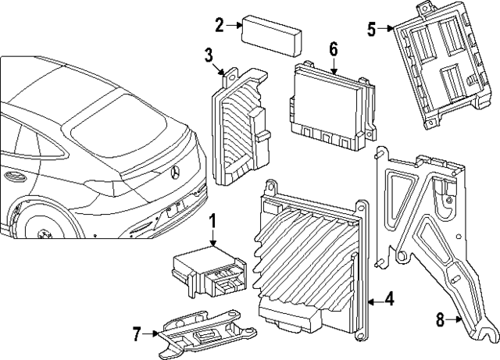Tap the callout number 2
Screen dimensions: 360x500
[x=220, y=25]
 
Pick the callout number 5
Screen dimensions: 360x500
[x=371, y=30]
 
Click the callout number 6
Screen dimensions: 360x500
[x=333, y=49]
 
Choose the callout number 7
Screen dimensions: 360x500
[x=137, y=335]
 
